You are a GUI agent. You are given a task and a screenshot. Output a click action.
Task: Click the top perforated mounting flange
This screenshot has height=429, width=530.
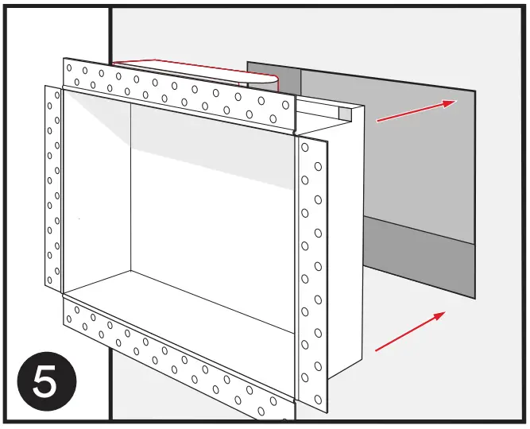(179, 91)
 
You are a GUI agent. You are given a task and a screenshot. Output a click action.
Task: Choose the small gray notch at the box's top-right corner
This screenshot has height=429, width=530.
(344, 114)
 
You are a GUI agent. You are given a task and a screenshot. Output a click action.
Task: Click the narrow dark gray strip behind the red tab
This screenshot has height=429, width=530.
(290, 79)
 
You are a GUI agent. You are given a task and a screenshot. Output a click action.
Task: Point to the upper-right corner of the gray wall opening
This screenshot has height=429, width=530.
(474, 89)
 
